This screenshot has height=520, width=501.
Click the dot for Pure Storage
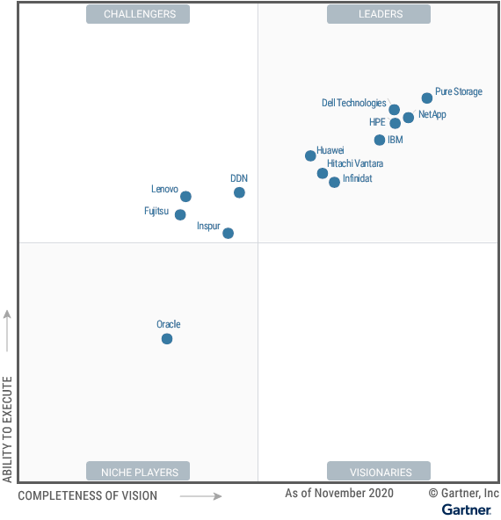tap(427, 98)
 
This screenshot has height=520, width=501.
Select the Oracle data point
tap(167, 339)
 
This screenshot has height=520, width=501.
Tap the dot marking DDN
tap(239, 192)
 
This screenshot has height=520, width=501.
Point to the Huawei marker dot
tap(310, 155)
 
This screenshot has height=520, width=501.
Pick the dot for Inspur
tap(228, 233)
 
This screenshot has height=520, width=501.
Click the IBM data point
tap(380, 140)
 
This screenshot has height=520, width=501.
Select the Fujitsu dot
tap(180, 214)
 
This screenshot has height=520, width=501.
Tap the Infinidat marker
tap(335, 182)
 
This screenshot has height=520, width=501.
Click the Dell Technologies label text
tap(354, 103)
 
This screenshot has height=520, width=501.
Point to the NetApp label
tap(432, 114)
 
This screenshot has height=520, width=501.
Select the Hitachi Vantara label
tap(355, 163)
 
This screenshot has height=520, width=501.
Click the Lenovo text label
tap(164, 189)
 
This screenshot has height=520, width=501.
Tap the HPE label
tap(377, 122)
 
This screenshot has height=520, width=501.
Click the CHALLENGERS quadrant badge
tap(138, 14)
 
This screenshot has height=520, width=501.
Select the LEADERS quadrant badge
tap(379, 14)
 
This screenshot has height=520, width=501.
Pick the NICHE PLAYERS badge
tap(138, 471)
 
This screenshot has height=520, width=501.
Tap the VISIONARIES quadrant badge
tap(379, 471)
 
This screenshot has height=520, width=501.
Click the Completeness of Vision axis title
tap(88, 495)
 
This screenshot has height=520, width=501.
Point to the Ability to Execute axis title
tap(7, 430)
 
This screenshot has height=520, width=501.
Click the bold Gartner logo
tap(467, 509)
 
